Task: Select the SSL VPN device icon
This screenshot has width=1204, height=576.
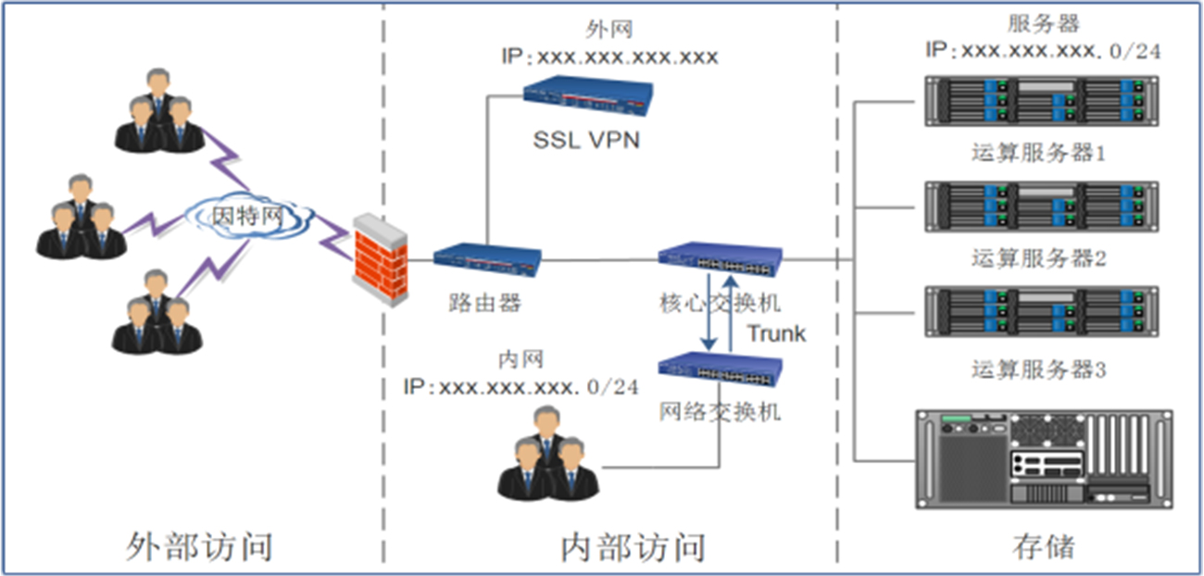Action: (587, 98)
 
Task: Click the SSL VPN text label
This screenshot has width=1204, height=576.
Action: (587, 140)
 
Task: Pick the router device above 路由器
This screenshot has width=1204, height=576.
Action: (487, 261)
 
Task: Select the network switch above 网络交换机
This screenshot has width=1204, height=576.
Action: (721, 368)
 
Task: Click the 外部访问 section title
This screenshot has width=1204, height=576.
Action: (199, 546)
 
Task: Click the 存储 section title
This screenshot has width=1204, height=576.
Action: (1044, 546)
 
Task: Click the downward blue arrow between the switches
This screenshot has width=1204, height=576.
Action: (709, 312)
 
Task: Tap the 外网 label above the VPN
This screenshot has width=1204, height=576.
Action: (610, 31)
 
